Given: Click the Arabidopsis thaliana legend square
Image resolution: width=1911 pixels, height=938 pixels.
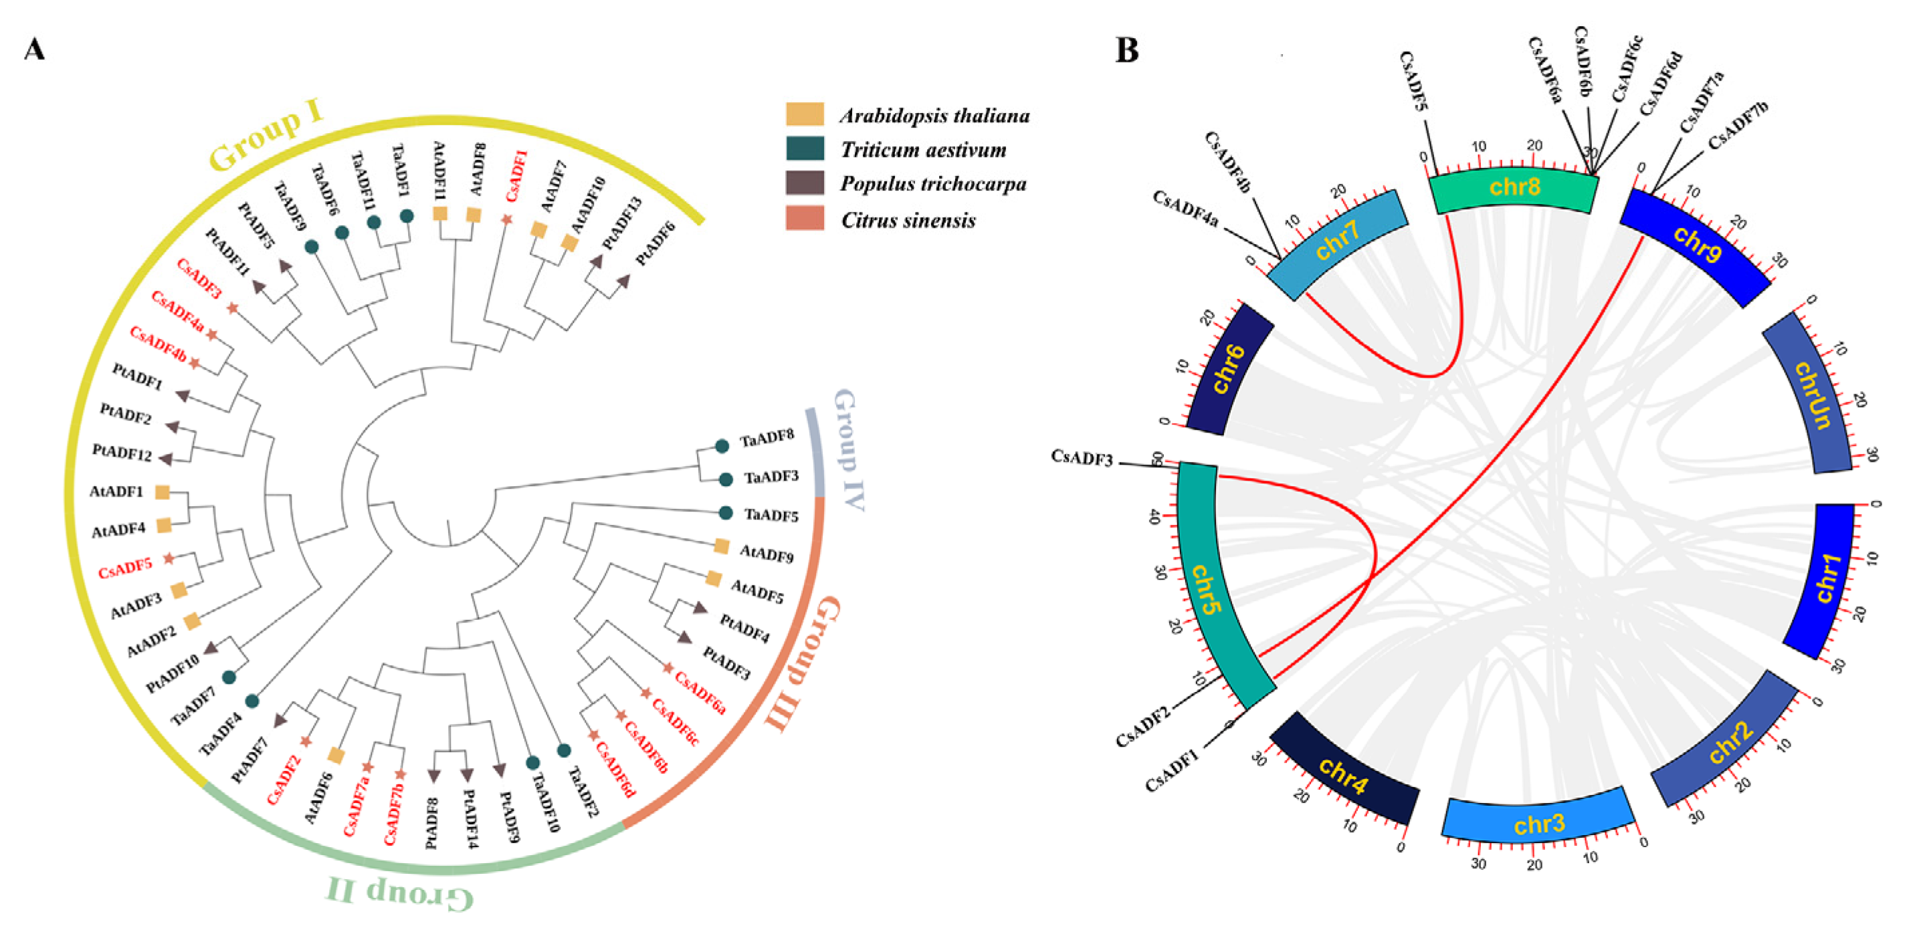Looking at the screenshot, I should click(x=804, y=114).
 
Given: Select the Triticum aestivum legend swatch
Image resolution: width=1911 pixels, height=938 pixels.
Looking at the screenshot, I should click(x=804, y=148).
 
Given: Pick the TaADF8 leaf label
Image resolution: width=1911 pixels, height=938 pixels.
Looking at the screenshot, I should click(x=767, y=440).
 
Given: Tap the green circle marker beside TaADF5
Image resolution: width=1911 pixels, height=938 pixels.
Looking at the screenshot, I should click(x=726, y=513).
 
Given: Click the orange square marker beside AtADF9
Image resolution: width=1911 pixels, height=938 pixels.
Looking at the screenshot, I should click(x=721, y=546).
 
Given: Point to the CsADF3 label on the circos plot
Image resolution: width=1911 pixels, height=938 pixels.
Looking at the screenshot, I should click(x=1081, y=458).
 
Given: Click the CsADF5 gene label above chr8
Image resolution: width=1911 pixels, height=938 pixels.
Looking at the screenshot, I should click(x=1413, y=81).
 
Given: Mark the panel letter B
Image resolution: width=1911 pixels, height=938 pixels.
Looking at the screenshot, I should click(x=1126, y=50).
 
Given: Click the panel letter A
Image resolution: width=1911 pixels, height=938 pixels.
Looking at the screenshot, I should click(x=34, y=49).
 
